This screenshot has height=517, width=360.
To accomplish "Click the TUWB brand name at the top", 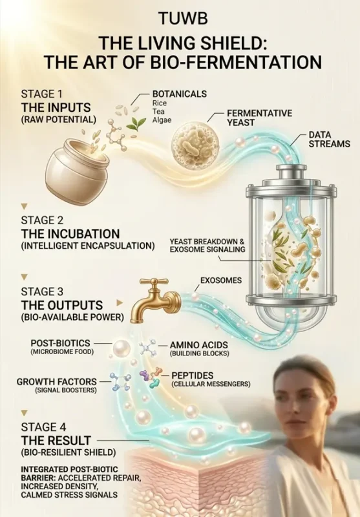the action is click(183, 19).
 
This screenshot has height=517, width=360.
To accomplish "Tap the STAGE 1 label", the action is click(41, 94).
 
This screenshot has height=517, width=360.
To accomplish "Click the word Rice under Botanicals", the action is click(160, 103).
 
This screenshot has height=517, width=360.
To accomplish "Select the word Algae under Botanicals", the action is click(162, 120).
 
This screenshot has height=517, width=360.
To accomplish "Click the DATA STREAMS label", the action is click(330, 139).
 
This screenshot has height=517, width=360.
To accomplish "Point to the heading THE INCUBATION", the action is click(70, 234).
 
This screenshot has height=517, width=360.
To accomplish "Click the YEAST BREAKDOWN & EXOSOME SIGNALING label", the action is click(207, 246).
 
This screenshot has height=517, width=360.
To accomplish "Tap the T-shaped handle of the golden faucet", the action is click(154, 282).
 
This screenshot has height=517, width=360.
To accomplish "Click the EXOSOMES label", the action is click(221, 280).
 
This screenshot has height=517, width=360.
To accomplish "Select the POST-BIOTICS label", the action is click(60, 343).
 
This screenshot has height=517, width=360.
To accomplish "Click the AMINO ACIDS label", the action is click(199, 345).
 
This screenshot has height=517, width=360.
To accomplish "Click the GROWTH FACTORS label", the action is click(57, 381).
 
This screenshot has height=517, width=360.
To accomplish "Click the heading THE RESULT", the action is click(56, 441).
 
